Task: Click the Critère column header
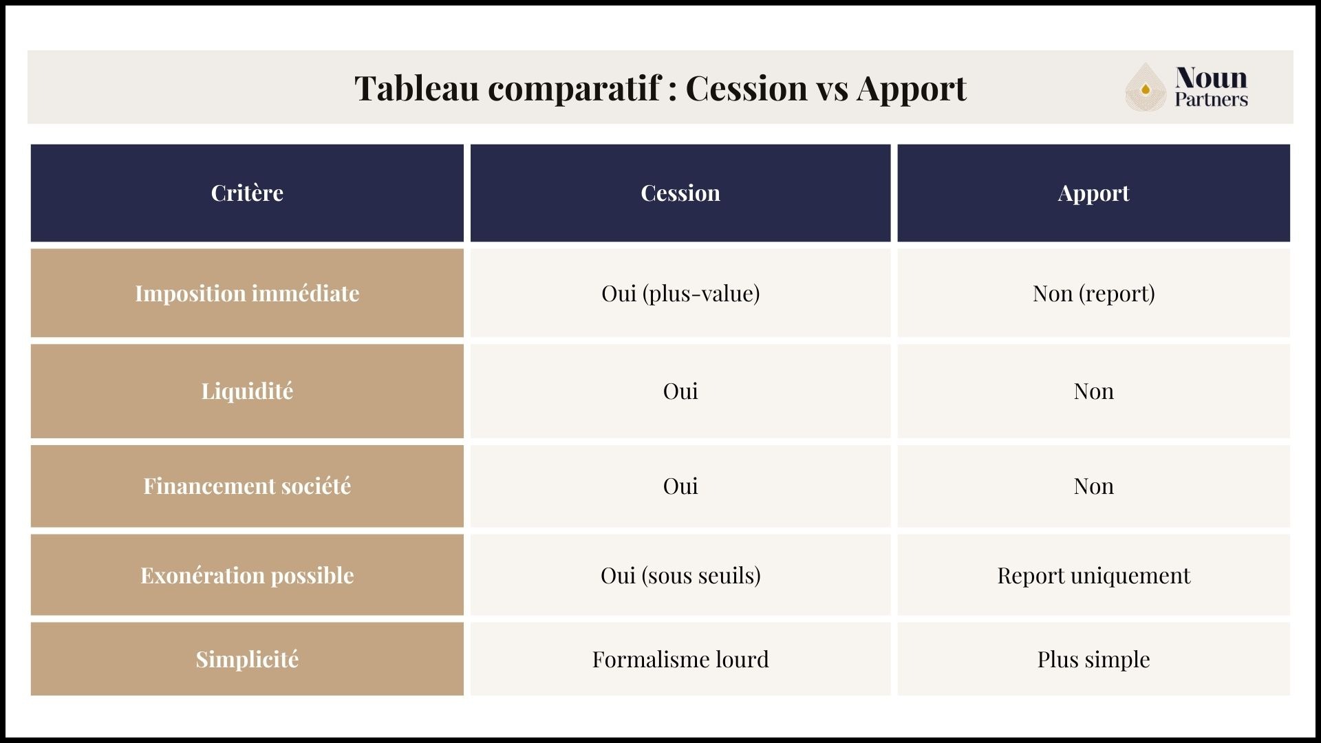point(247,193)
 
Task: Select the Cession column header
point(680,193)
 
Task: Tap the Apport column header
point(1093,193)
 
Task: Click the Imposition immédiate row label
point(247,293)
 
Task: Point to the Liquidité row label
point(247,391)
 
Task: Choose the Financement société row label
point(247,486)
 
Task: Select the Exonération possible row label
point(247,575)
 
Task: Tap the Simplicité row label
point(247,659)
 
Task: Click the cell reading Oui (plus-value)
point(680,293)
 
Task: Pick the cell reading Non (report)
point(1093,293)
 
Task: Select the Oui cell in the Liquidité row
point(680,391)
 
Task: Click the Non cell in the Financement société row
point(1093,486)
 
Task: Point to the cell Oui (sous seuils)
point(680,575)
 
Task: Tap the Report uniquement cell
point(1093,575)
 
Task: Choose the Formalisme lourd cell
point(680,659)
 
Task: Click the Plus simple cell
point(1093,659)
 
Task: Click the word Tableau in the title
point(416,88)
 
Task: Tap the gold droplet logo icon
point(1145,88)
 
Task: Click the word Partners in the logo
point(1211,100)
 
